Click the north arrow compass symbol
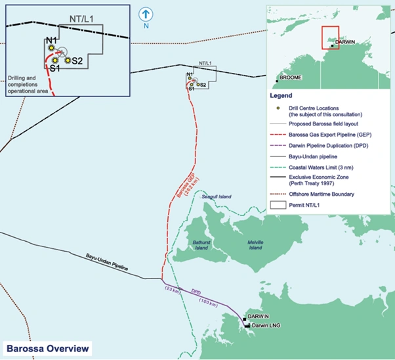(147, 14)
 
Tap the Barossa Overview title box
(46, 348)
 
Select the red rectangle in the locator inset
(330, 37)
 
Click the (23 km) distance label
(171, 290)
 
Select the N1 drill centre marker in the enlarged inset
(51, 49)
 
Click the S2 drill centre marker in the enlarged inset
(68, 60)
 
